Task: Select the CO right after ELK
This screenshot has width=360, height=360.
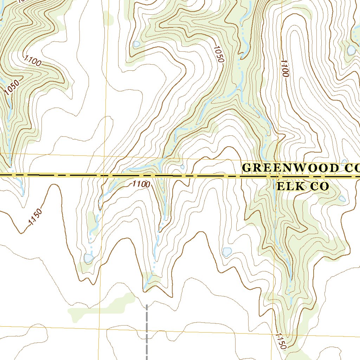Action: pyautogui.click(x=319, y=186)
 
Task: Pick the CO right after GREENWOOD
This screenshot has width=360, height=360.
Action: pyautogui.click(x=350, y=168)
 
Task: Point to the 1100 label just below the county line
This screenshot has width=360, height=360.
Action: pyautogui.click(x=141, y=184)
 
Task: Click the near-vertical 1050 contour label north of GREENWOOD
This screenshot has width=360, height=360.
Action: pyautogui.click(x=218, y=54)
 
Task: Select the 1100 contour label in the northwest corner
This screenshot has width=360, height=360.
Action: pyautogui.click(x=33, y=61)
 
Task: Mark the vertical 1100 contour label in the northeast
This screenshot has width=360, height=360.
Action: pyautogui.click(x=284, y=68)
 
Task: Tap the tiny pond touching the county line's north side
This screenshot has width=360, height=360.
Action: pyautogui.click(x=182, y=167)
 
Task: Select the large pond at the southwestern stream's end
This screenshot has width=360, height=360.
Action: pyautogui.click(x=89, y=258)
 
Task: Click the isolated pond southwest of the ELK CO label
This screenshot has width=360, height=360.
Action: pyautogui.click(x=227, y=252)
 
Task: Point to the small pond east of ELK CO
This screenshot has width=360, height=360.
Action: pyautogui.click(x=342, y=199)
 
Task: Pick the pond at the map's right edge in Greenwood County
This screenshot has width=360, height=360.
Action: pyautogui.click(x=351, y=50)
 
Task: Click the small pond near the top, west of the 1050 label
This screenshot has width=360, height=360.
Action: pyautogui.click(x=136, y=44)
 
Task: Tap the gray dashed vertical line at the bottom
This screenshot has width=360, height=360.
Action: pyautogui.click(x=147, y=330)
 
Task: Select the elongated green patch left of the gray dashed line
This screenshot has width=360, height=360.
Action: pyautogui.click(x=102, y=307)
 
